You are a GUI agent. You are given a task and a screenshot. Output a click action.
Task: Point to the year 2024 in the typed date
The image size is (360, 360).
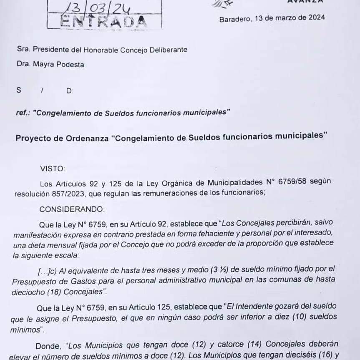[316, 18]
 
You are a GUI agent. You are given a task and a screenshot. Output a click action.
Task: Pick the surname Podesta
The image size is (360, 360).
[69, 65]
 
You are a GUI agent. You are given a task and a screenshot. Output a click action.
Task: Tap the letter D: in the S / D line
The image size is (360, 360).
[70, 91]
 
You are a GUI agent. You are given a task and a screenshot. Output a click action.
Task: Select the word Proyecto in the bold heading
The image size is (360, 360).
[33, 137]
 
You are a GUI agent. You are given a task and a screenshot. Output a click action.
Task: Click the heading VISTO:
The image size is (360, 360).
[53, 169]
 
